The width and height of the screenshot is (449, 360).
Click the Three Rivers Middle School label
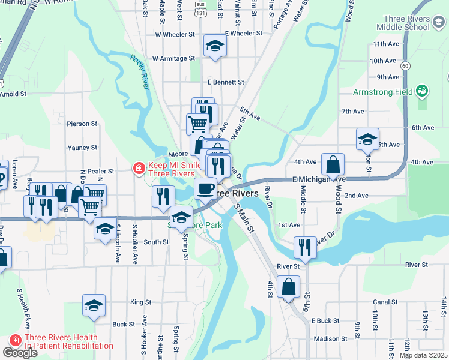point(403,22)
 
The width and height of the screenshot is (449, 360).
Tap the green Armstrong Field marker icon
point(423,91)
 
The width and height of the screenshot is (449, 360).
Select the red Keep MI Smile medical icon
point(139,169)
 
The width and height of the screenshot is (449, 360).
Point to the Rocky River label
point(139,71)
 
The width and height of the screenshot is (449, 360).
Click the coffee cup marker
point(205,188)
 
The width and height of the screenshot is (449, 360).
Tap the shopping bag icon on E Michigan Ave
point(333,164)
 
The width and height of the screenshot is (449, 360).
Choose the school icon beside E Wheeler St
point(214,46)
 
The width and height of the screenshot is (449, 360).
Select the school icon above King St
point(94,305)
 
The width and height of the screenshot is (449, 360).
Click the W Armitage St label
point(173,59)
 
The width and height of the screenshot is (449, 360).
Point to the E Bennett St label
point(226,82)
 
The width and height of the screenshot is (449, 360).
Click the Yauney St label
point(82,148)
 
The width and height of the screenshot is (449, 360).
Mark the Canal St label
point(381,302)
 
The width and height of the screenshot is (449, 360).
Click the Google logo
point(20,353)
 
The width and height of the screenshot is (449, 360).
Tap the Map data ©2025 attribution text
point(423,355)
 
